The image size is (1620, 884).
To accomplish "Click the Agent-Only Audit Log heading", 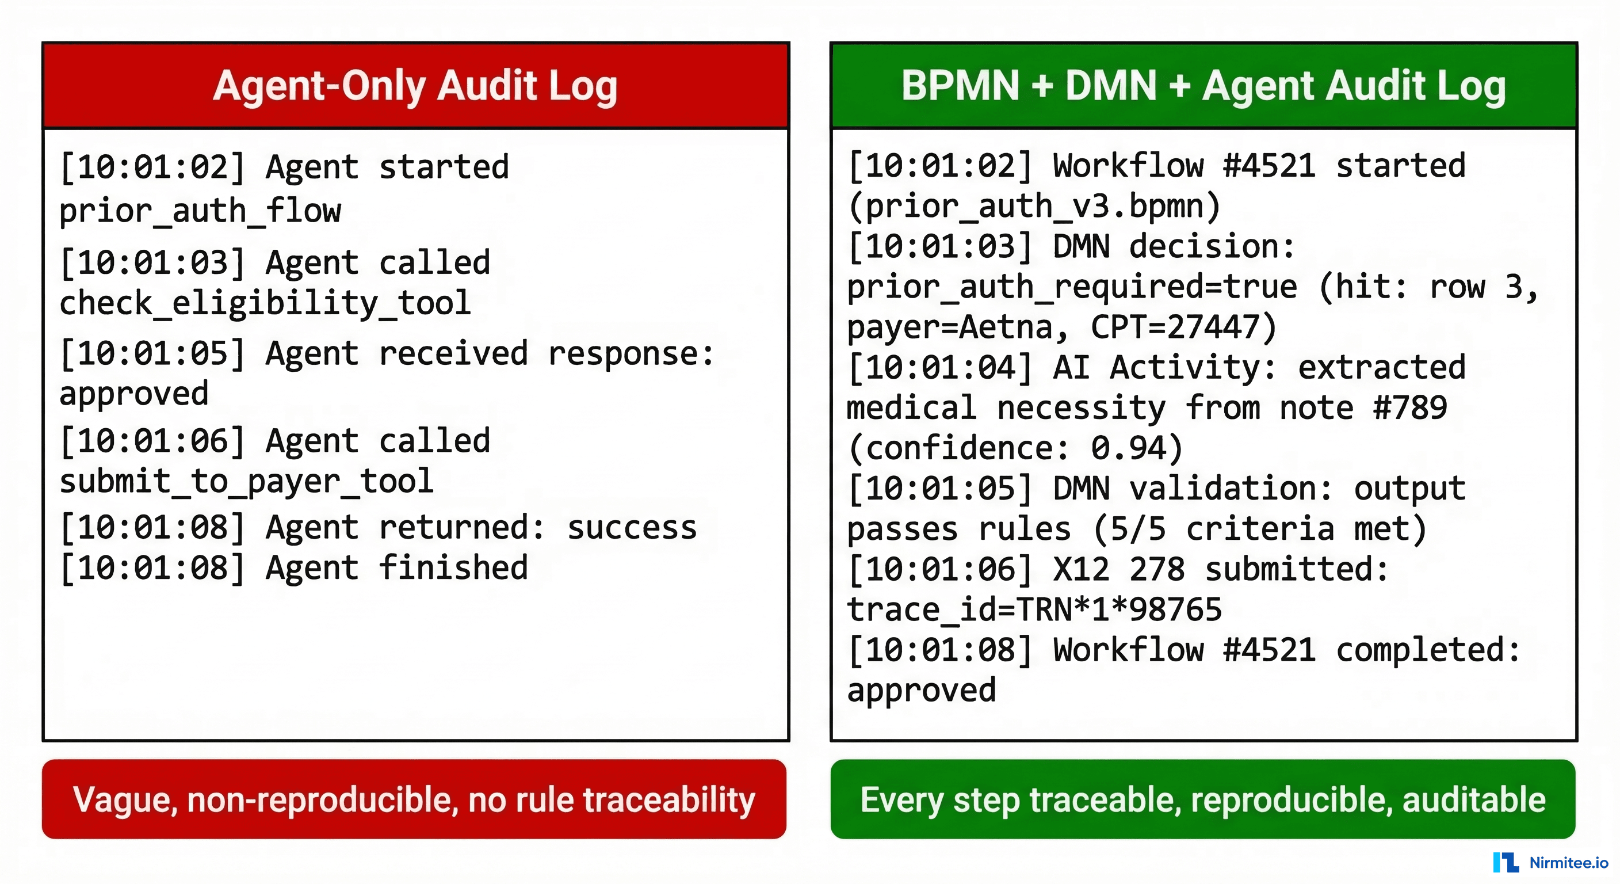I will [415, 86].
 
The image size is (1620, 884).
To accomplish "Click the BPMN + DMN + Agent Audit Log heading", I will [1203, 86].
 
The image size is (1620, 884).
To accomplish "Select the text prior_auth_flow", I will [200, 211].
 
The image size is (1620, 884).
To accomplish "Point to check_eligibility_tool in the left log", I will [265, 303].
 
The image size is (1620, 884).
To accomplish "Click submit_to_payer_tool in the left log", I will [247, 482].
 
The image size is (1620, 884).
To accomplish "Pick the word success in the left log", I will [632, 527].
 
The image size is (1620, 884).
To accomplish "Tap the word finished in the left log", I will [453, 567].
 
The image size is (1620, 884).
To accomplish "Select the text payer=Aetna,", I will [957, 327].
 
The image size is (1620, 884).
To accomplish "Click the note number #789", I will [1410, 407].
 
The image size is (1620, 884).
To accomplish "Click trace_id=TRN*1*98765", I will [1034, 609].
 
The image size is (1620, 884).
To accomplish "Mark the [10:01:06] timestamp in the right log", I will [940, 569].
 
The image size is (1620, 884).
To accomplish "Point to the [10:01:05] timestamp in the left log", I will [152, 353].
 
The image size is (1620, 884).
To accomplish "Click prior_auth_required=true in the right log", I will [1072, 287].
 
